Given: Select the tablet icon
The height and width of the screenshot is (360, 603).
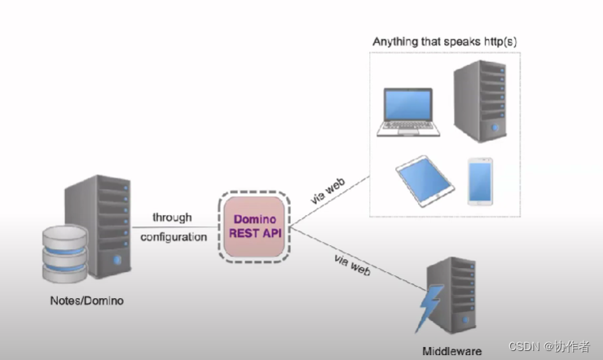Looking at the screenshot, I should (425, 181).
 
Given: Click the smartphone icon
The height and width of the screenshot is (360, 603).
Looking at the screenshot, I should (478, 181).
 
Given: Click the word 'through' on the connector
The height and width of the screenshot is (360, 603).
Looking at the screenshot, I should (172, 217).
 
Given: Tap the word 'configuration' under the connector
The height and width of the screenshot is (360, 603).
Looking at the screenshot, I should (174, 237).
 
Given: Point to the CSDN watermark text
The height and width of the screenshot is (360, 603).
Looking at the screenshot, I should (549, 346).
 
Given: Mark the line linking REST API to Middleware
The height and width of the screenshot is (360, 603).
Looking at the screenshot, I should (359, 257).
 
